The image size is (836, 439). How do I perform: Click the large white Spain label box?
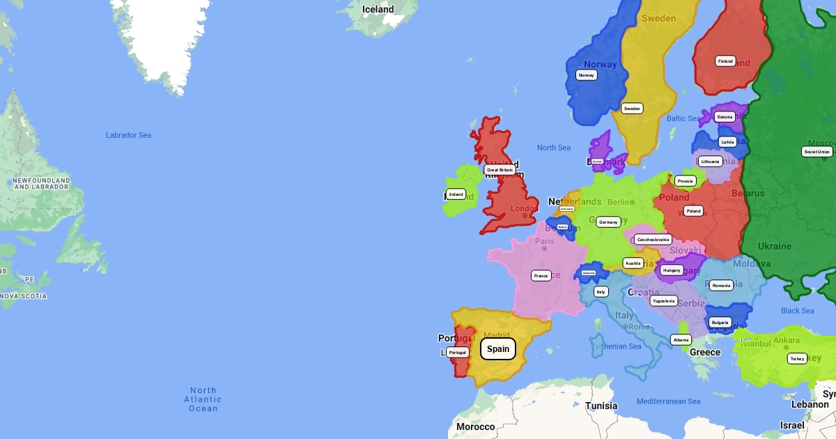(498, 348)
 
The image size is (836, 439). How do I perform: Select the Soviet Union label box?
(816, 151)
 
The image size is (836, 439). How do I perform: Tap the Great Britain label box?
(500, 169)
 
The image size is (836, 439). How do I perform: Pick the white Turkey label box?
(797, 358)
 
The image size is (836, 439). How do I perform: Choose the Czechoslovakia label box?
(653, 239)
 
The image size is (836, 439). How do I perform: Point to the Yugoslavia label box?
(663, 301)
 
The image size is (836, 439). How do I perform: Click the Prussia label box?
(685, 181)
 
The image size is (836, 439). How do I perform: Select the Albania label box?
(681, 340)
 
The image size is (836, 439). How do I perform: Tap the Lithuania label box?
(710, 162)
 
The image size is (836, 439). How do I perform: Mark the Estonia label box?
(725, 117)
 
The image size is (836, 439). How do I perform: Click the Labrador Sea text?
(128, 135)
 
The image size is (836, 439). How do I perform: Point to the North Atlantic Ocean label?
(203, 399)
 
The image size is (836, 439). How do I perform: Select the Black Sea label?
(797, 311)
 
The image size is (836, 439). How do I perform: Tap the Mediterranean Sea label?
(668, 401)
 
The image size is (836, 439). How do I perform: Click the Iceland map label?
(378, 10)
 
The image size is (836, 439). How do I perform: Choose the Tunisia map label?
(601, 406)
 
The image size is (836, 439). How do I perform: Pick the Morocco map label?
(475, 426)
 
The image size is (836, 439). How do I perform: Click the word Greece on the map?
(704, 352)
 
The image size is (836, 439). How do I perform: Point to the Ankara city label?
(786, 340)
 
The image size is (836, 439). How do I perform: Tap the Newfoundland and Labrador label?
(41, 183)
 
